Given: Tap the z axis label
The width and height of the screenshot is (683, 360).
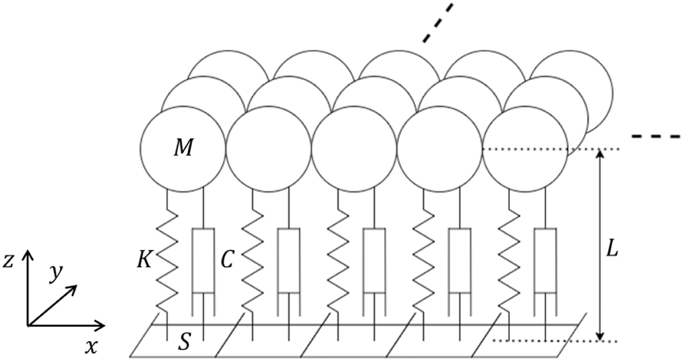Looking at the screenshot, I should click(x=10, y=260).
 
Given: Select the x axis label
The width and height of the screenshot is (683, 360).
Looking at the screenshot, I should click(x=92, y=345).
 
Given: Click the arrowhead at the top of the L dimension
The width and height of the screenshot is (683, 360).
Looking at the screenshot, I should click(x=601, y=154).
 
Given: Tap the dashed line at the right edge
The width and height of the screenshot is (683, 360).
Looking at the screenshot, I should click(x=657, y=137).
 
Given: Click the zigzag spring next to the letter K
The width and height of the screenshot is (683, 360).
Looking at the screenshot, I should click(x=168, y=260).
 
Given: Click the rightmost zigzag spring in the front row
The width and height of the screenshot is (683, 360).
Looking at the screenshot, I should click(x=508, y=260).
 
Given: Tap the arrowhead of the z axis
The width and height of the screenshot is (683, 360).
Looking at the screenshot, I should click(x=28, y=254).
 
